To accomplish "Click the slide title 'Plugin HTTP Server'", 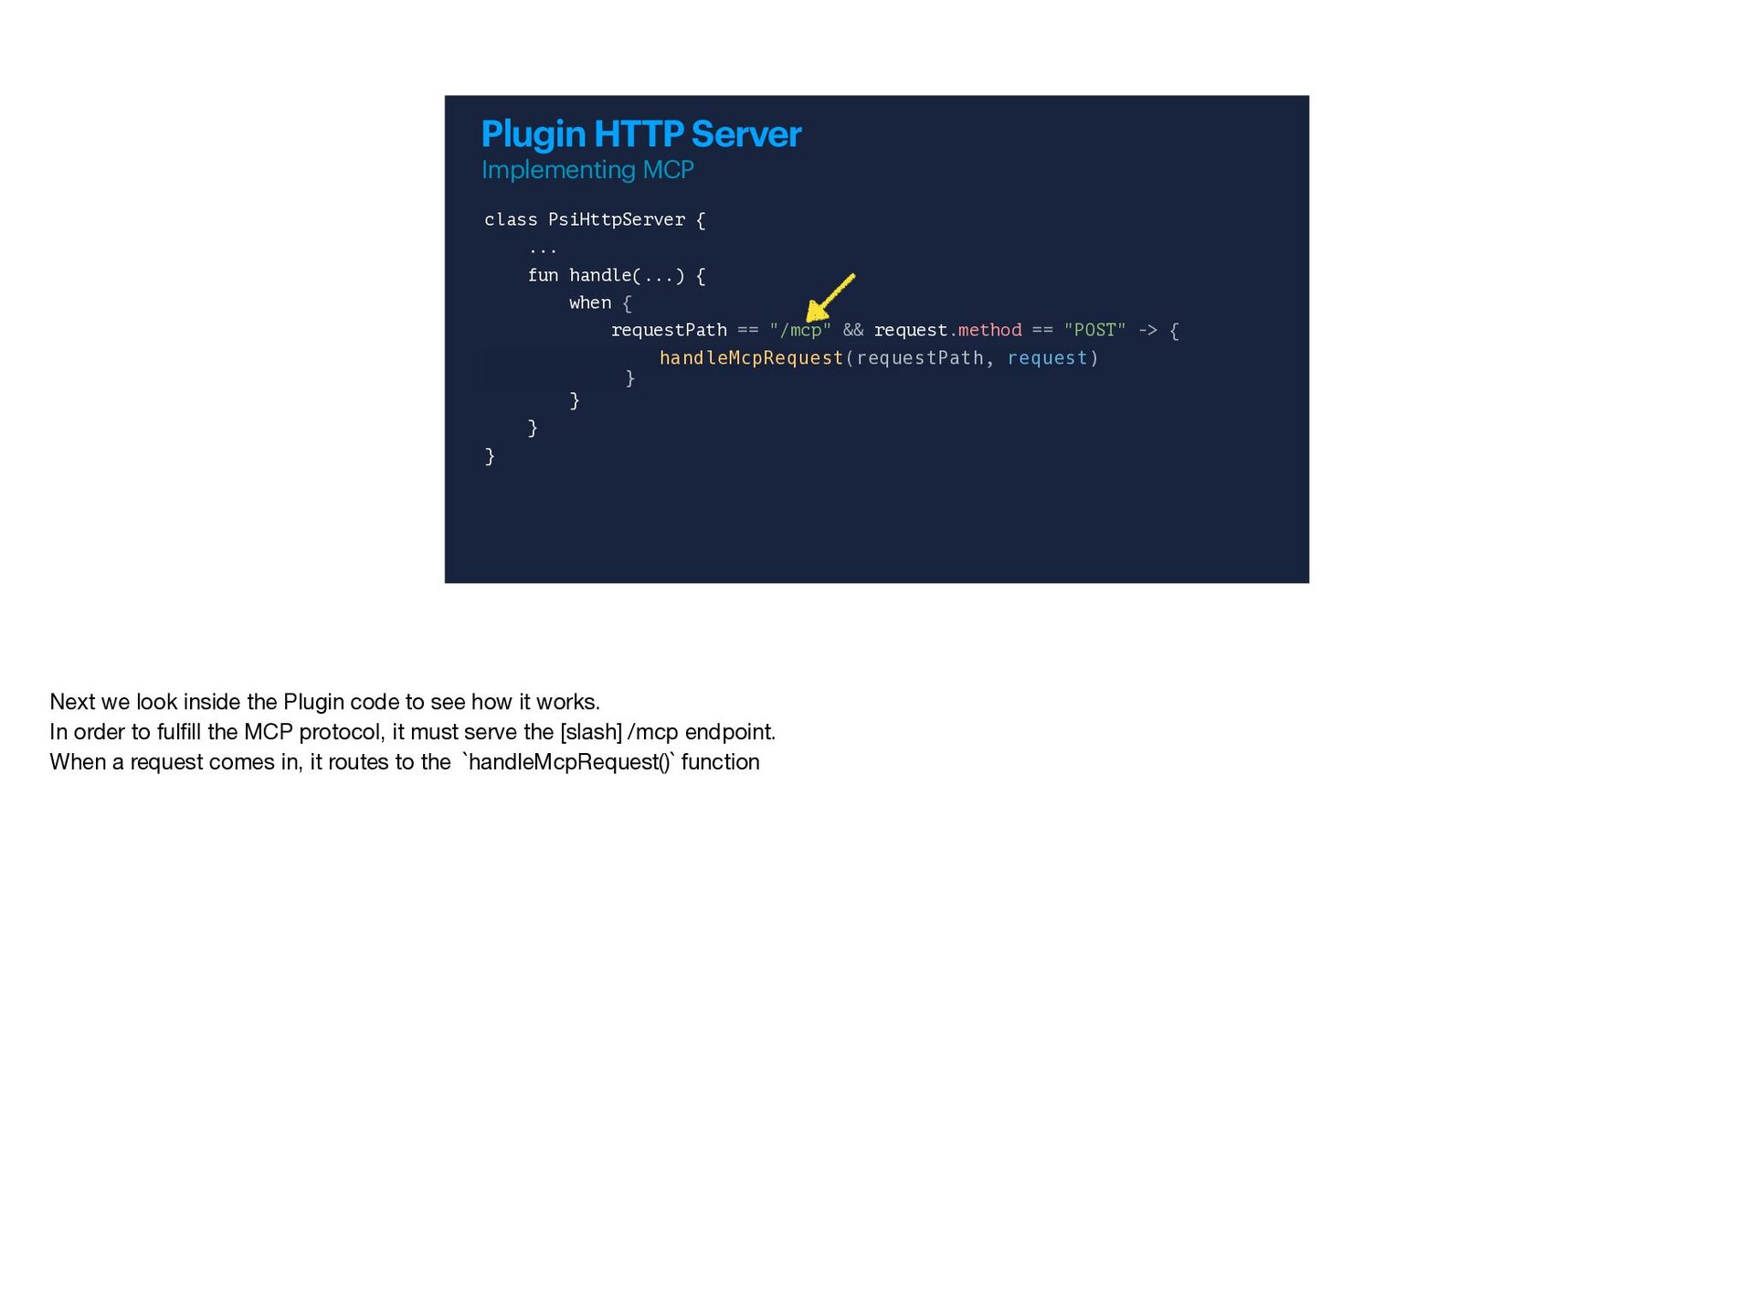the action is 641,135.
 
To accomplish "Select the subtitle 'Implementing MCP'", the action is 587,171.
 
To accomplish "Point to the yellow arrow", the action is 829,298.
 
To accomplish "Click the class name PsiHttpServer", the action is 616,220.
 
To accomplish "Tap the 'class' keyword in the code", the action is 511,220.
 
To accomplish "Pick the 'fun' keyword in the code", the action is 543,275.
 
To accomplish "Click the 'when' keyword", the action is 590,302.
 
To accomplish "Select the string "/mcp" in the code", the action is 800,330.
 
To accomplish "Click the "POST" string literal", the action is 1094,330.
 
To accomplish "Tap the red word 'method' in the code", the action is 989,330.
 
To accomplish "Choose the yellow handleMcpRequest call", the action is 751,358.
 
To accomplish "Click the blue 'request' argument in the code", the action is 1047,358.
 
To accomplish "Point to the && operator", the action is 853,330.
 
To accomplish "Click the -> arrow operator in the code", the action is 1147,330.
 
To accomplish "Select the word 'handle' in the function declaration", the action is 600,275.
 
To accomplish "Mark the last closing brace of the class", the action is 490,456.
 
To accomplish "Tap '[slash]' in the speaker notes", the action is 591,732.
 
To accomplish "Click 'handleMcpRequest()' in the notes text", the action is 569,762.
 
